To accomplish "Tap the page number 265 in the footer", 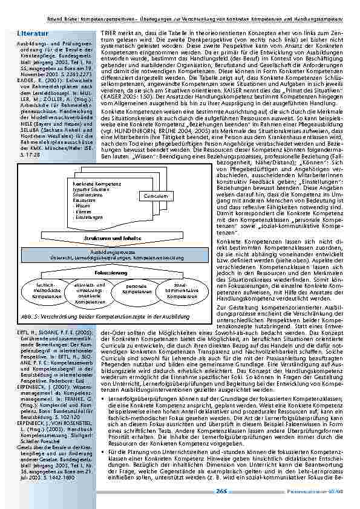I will coord(221,491).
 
